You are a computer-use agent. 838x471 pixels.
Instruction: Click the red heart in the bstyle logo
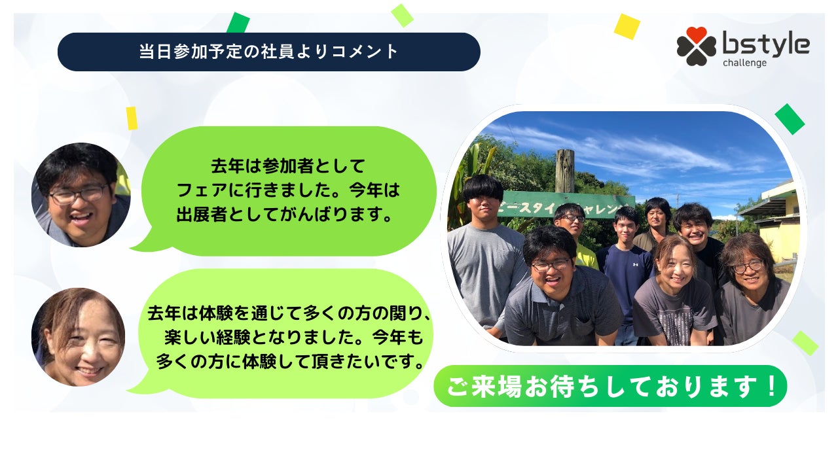696,34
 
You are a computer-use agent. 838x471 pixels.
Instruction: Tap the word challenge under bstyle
744,63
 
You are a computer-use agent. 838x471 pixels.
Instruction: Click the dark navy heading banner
268,52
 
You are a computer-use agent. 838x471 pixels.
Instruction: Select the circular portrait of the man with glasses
81,195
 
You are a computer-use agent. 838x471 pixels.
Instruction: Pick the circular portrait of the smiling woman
78,337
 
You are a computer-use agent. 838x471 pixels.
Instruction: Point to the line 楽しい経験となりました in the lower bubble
294,338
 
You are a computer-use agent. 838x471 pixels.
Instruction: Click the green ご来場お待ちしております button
610,386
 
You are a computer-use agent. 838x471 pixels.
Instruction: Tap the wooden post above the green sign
565,171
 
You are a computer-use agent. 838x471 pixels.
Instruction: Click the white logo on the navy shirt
635,264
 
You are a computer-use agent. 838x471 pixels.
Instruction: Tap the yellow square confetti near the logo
627,27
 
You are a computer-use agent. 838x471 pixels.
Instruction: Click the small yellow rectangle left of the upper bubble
132,118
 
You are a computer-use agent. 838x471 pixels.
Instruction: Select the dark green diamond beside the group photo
790,119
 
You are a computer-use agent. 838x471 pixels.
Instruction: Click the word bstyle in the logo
766,44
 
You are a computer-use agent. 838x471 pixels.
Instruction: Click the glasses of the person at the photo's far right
748,266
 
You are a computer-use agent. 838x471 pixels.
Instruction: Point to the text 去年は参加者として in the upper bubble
287,166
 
